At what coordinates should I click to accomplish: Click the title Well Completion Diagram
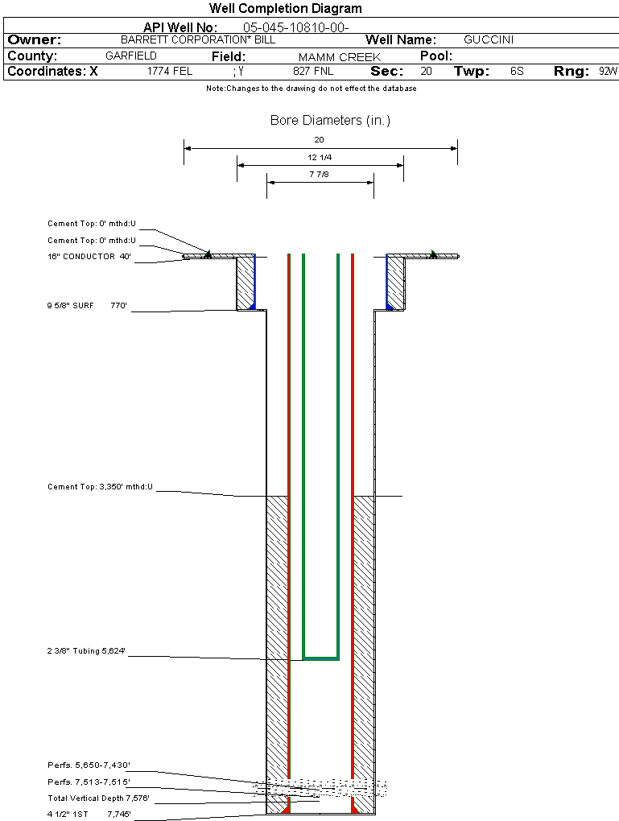286,9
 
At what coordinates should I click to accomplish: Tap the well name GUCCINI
489,39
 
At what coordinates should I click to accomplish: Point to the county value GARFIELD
131,56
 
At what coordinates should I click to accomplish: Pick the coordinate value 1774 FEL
170,72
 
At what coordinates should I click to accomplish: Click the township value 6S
517,72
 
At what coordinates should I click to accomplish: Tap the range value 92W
608,72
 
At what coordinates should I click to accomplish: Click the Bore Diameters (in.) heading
330,121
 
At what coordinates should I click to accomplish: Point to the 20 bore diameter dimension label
319,139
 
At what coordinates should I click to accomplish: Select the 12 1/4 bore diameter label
320,157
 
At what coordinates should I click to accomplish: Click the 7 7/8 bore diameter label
320,174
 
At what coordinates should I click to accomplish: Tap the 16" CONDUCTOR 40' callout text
89,257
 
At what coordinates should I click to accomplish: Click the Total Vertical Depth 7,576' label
99,798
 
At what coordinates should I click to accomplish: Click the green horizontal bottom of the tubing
320,658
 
